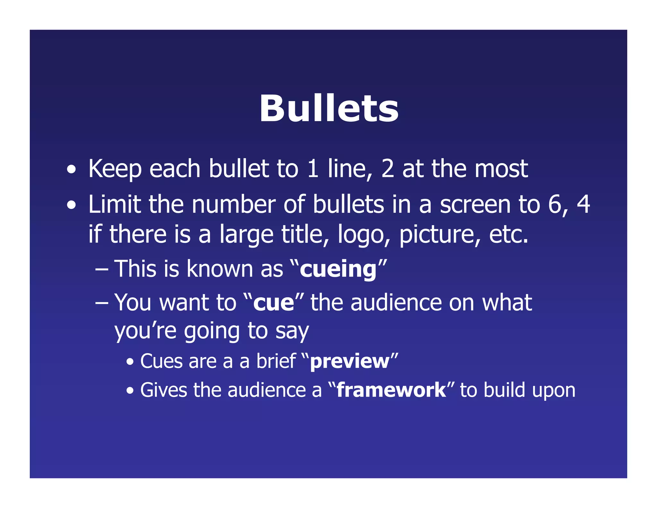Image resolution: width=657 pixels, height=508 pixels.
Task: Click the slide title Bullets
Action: pos(328,109)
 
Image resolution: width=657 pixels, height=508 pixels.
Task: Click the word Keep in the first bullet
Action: pos(115,169)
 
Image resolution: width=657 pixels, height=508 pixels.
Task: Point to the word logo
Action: pos(361,234)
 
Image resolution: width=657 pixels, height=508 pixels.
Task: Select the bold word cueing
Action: pos(338,269)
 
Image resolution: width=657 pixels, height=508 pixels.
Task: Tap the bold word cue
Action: pos(273,303)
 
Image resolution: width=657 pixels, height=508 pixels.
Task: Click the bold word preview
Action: pos(350,362)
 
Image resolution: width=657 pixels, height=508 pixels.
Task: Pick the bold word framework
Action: pos(391,390)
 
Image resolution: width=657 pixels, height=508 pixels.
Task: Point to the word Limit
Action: pos(115,205)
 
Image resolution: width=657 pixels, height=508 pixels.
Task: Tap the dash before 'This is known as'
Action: pos(102,269)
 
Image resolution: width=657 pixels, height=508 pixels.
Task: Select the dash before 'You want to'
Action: pos(102,303)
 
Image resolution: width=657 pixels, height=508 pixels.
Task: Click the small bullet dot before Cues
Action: pos(130,362)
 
